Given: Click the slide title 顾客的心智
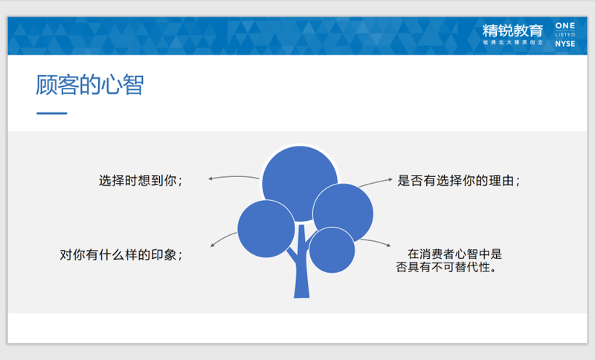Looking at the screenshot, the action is (x=90, y=85).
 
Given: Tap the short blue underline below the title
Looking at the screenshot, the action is (x=51, y=113).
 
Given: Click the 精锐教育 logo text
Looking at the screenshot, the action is (x=512, y=30).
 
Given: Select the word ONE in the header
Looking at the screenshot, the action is (x=565, y=26).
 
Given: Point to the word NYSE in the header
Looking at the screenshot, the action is (x=565, y=44).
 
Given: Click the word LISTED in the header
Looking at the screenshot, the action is (x=565, y=35).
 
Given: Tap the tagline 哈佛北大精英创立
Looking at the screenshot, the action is (x=512, y=42).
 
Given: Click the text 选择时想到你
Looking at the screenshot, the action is (x=138, y=181).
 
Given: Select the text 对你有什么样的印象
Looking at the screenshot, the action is (x=118, y=254).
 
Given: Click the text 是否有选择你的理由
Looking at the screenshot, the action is (x=455, y=181).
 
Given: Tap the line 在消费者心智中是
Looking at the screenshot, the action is (x=454, y=254).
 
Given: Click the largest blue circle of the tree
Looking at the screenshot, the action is (x=300, y=183).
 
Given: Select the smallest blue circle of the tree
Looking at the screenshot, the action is (x=332, y=250).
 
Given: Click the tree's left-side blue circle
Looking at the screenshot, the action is (x=266, y=229).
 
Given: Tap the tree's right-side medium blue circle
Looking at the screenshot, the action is (x=343, y=213).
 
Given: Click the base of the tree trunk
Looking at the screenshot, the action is (x=302, y=295).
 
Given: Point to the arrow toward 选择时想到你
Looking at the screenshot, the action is (x=234, y=176).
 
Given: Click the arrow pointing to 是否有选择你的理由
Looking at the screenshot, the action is (x=376, y=181).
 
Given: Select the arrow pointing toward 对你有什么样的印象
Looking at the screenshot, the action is (x=222, y=238).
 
